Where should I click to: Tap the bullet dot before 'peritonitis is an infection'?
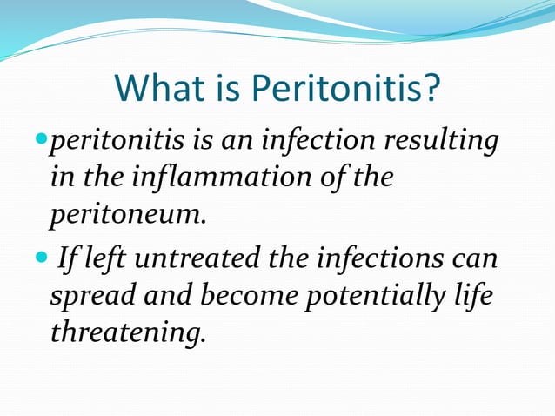point(46,140)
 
